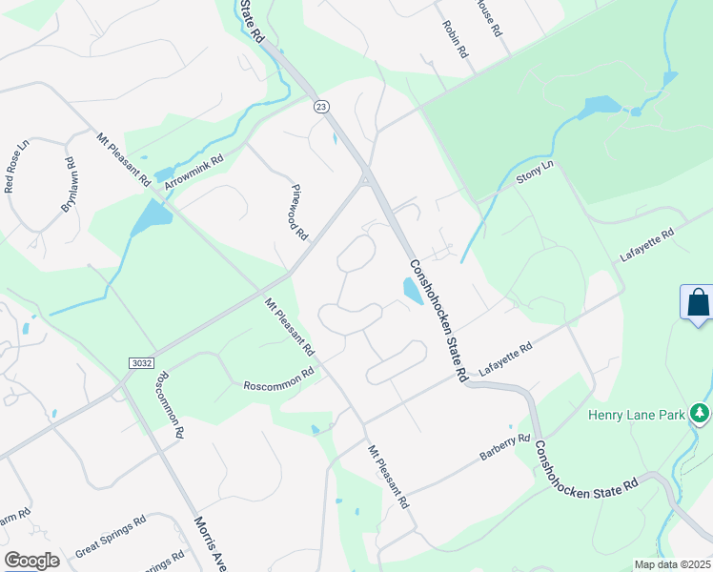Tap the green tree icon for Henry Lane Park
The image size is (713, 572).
(x=701, y=412)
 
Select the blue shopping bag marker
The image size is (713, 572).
(x=697, y=304)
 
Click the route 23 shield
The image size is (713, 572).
(x=319, y=108)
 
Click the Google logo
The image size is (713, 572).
(x=31, y=561)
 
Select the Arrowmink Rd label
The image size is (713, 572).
(x=194, y=172)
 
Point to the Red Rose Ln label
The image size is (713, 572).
(x=18, y=166)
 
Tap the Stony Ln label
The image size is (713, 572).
(x=534, y=174)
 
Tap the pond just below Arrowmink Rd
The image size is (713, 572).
(x=151, y=218)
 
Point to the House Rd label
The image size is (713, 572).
(x=488, y=16)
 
